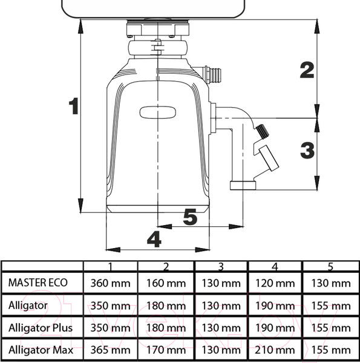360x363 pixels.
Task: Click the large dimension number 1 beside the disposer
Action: click(x=74, y=106)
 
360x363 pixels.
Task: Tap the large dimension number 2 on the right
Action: click(x=307, y=70)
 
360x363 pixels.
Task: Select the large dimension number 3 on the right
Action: click(x=307, y=151)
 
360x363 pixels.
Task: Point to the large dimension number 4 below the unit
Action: click(x=154, y=239)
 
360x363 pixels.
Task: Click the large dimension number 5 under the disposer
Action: click(x=190, y=217)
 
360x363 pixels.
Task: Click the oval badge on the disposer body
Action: click(x=158, y=113)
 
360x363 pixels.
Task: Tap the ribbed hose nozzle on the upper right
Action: click(x=212, y=74)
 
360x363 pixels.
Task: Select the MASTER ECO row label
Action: click(x=38, y=283)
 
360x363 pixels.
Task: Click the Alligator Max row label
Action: click(x=41, y=350)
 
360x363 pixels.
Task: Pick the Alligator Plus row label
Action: click(x=41, y=328)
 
